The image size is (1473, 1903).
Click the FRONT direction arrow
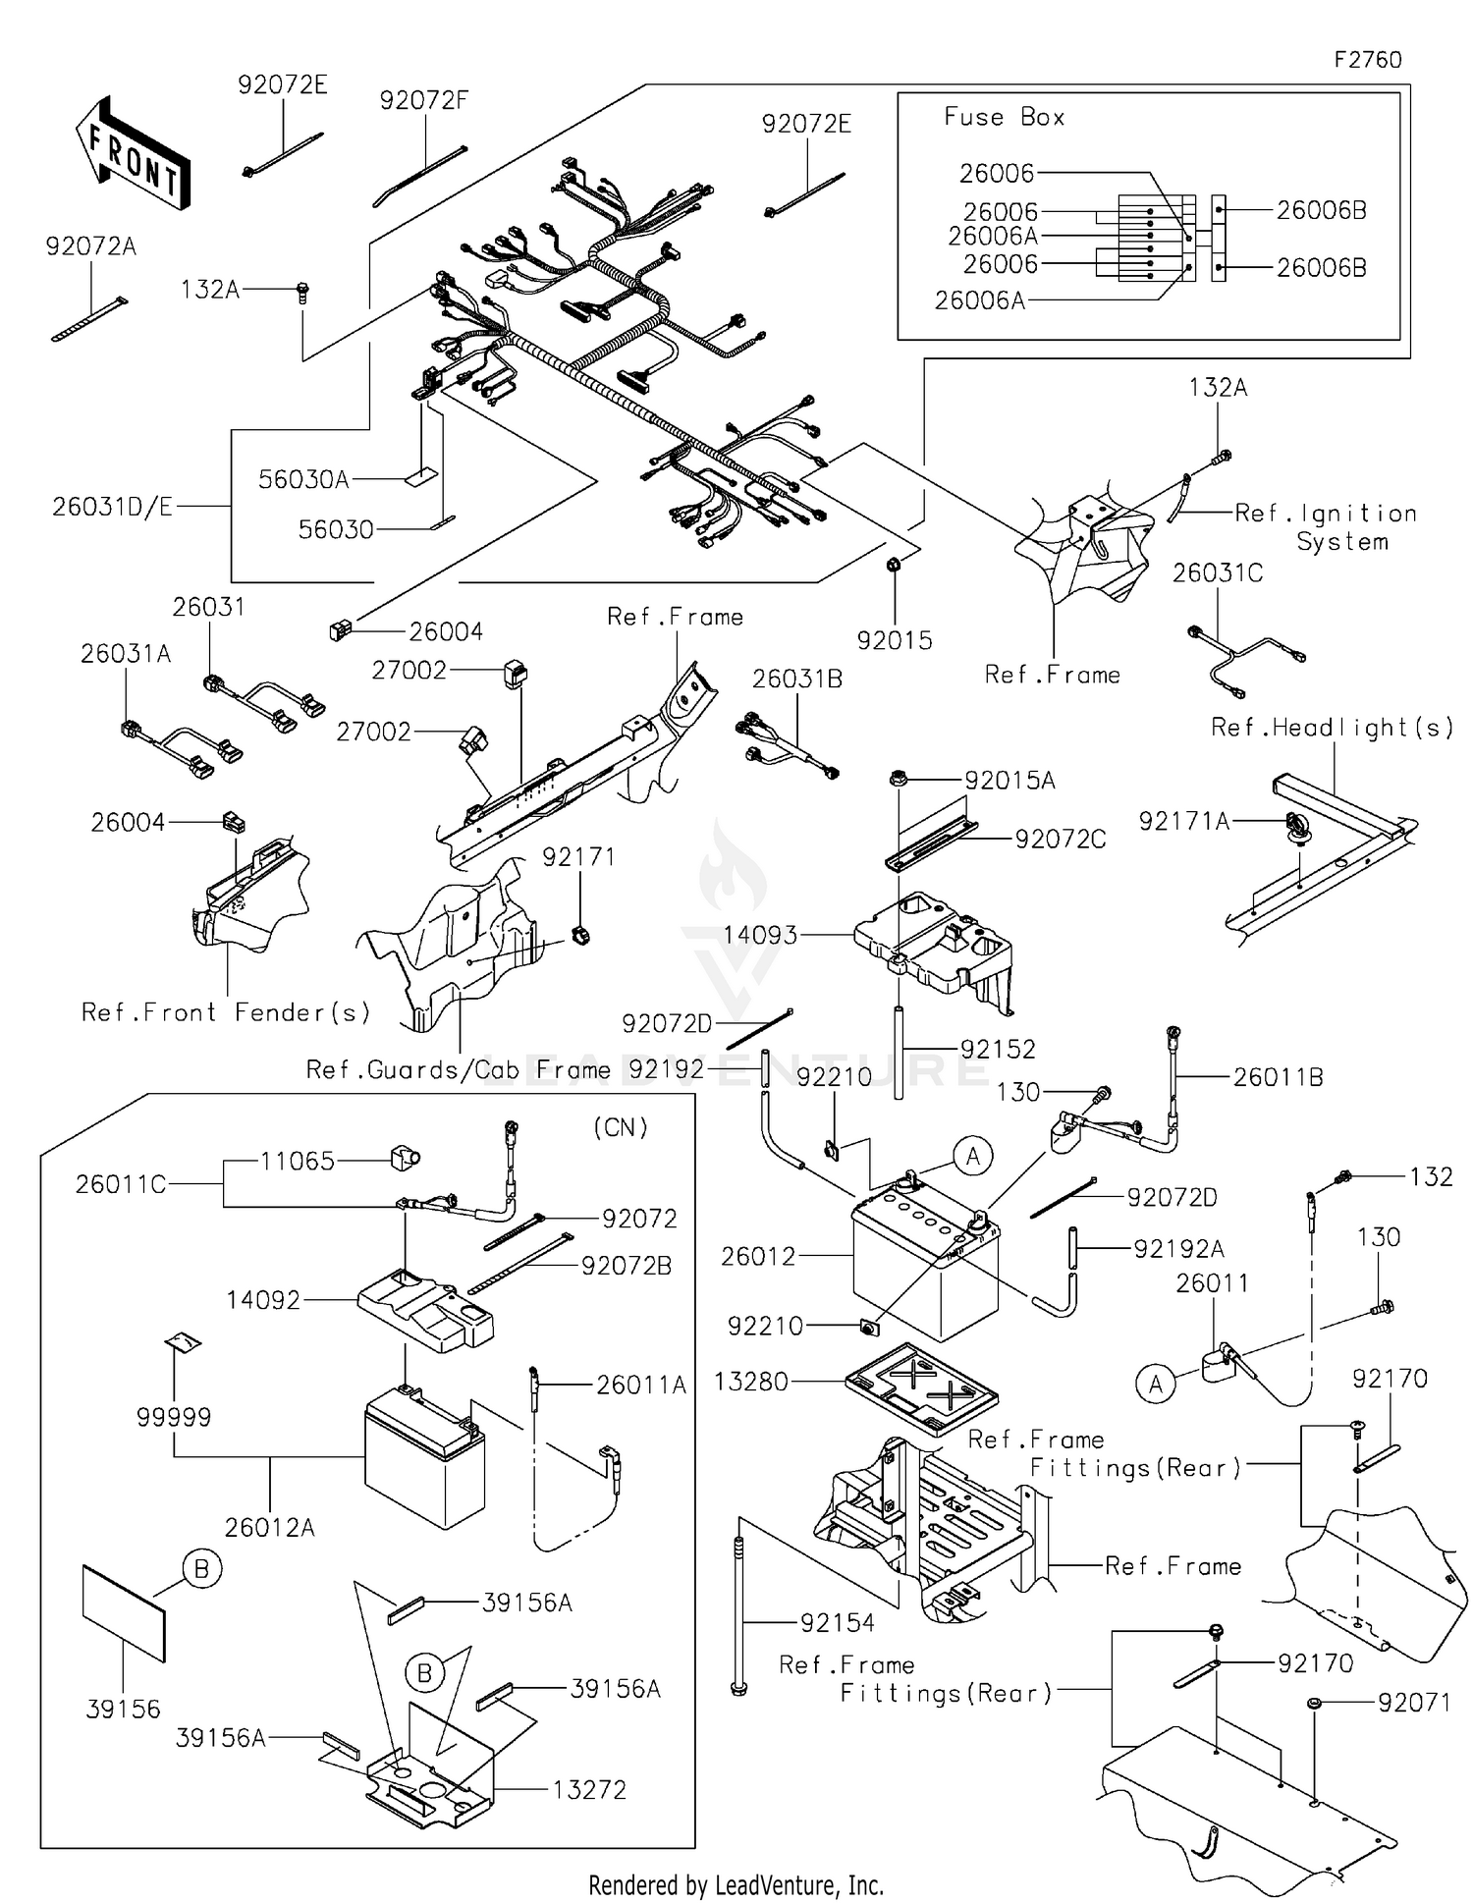(132, 154)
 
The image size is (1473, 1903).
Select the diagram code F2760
(1367, 60)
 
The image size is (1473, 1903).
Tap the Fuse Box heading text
(1004, 117)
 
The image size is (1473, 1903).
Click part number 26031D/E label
(112, 507)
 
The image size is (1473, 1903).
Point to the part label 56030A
(303, 479)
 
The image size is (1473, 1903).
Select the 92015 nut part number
(894, 640)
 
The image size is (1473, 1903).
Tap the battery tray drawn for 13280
(921, 1386)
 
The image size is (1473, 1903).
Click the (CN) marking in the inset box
(621, 1127)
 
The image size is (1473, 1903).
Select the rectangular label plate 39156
(124, 1613)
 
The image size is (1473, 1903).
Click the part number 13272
(589, 1789)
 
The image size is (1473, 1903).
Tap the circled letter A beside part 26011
(1155, 1385)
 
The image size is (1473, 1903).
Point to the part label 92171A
(1183, 821)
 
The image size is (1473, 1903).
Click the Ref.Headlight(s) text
(1332, 728)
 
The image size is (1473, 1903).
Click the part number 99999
(174, 1417)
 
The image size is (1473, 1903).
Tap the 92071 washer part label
(1414, 1702)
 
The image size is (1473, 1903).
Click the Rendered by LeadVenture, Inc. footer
(736, 1884)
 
